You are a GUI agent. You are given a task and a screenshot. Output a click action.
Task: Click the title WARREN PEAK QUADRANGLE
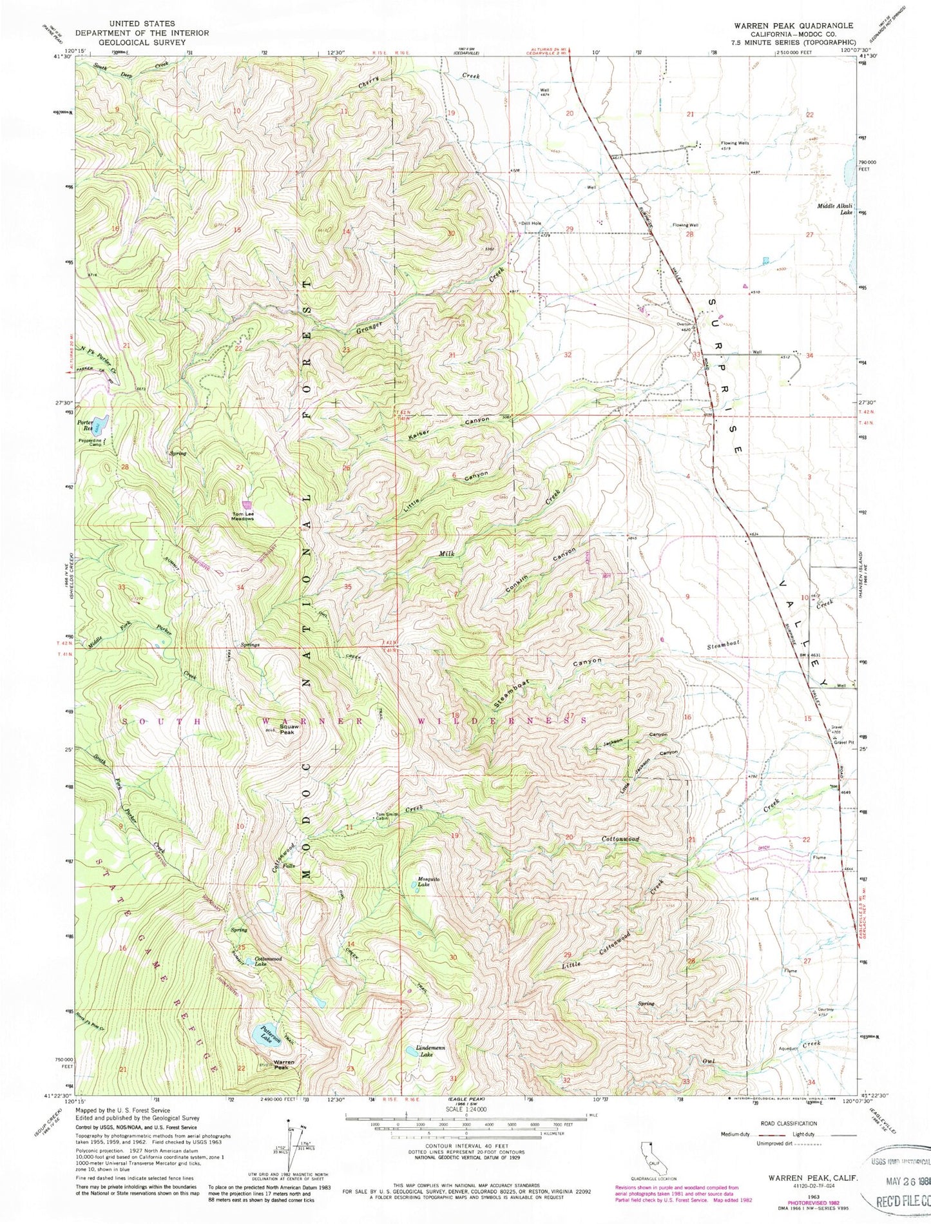tap(792, 25)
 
